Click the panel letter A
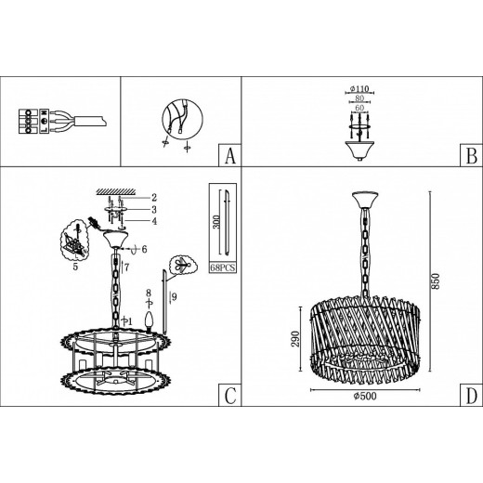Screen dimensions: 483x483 (229, 156)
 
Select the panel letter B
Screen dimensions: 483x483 (471, 156)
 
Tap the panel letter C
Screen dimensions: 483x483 (230, 396)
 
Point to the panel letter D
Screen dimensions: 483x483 (471, 396)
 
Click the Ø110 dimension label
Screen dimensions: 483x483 (359, 89)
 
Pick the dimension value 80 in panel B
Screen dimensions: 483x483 (359, 98)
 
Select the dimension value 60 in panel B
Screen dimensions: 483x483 (359, 108)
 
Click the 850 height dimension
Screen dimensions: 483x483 (436, 281)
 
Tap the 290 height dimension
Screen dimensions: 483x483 (295, 339)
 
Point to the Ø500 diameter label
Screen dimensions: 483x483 (365, 396)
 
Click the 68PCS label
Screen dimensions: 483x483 (223, 268)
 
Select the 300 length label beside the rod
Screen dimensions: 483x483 (216, 222)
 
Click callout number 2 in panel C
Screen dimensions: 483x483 (154, 198)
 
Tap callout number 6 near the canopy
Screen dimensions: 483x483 (144, 249)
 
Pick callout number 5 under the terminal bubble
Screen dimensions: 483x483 (75, 267)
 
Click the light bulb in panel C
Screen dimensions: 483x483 (150, 321)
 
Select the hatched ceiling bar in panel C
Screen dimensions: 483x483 (116, 192)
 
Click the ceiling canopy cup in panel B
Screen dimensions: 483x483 (359, 150)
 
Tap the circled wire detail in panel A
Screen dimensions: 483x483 (182, 120)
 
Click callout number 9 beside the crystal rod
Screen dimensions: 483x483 (175, 297)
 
